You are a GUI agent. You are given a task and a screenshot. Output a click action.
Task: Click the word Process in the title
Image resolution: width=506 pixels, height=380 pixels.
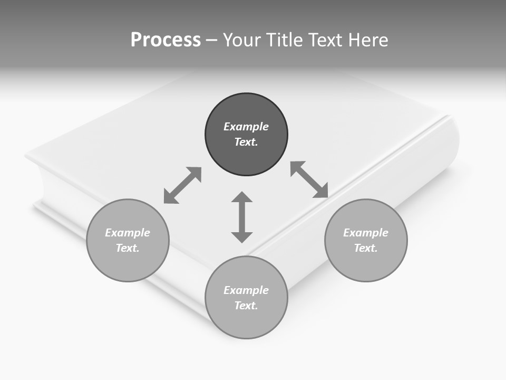(x=166, y=40)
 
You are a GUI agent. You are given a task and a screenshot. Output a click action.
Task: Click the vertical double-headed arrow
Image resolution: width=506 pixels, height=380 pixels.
(x=242, y=217)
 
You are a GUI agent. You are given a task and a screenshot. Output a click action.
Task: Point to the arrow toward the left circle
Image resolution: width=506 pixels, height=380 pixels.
(x=182, y=185)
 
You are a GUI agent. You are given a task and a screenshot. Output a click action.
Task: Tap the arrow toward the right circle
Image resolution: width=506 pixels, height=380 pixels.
(x=309, y=179)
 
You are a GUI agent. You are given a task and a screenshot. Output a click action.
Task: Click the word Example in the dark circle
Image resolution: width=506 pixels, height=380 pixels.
(x=246, y=127)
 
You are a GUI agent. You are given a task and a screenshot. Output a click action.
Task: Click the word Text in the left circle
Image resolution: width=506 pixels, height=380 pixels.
(x=128, y=248)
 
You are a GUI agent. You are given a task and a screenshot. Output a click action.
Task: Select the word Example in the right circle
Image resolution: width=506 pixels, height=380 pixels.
(x=366, y=233)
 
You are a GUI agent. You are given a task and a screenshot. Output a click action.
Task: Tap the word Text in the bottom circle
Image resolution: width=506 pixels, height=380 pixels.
(x=246, y=306)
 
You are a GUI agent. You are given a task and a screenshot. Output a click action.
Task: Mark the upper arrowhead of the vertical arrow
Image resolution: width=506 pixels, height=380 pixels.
(x=242, y=197)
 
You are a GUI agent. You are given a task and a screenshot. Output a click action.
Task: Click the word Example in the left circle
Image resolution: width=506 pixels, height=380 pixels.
(x=128, y=233)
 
